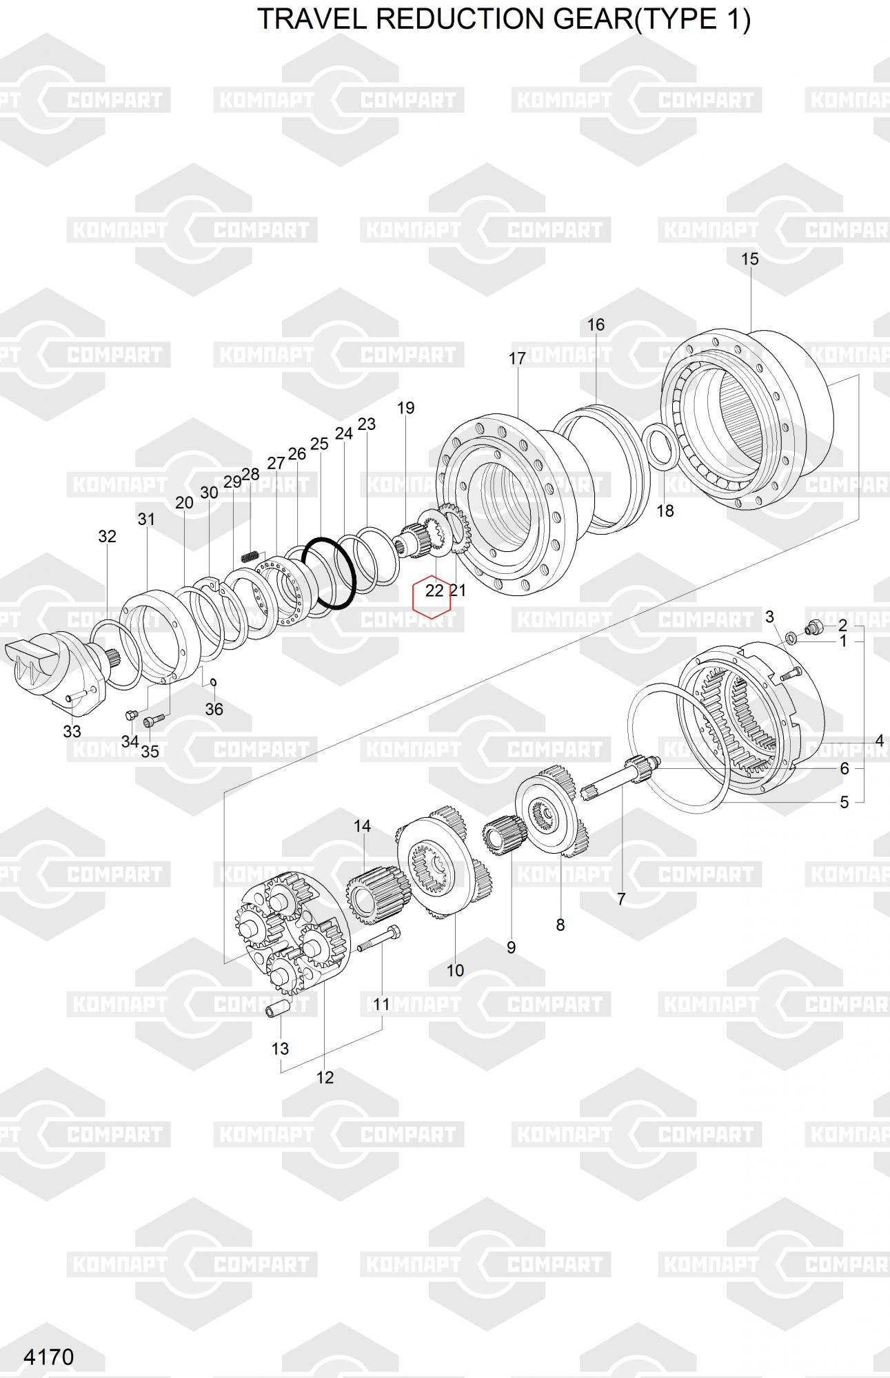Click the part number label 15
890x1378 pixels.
[x=749, y=259]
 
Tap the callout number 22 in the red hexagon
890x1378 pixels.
[x=434, y=590]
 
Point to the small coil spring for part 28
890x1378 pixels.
[x=250, y=554]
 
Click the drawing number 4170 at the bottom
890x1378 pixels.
[x=48, y=1357]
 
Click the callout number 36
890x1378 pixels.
[x=214, y=708]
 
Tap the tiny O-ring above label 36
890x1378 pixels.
[x=214, y=682]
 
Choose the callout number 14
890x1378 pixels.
[x=363, y=825]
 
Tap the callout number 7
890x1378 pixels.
[x=621, y=898]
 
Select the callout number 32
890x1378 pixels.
[x=107, y=536]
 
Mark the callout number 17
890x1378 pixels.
[x=517, y=358]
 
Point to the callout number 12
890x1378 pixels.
[x=325, y=1077]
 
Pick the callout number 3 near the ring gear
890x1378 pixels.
[x=769, y=616]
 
